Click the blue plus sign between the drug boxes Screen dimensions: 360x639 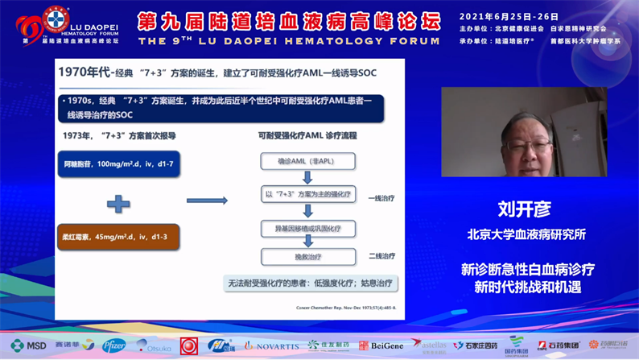pos(118,204)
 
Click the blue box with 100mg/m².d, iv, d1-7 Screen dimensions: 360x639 pos(117,163)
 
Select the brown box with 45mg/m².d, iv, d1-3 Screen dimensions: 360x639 pos(117,237)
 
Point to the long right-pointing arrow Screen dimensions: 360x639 pos(207,200)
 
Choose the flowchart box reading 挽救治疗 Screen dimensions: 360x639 pos(307,257)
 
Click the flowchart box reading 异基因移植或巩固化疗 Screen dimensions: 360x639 pos(307,229)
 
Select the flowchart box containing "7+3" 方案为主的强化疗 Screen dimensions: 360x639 pos(307,194)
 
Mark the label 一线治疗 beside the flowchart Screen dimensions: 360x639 pos(381,197)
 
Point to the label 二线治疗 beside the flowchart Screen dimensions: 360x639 pos(381,257)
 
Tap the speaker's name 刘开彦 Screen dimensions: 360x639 pos(523,209)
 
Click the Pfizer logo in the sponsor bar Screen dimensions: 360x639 pos(113,346)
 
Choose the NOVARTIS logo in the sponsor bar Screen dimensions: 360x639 pos(271,346)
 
